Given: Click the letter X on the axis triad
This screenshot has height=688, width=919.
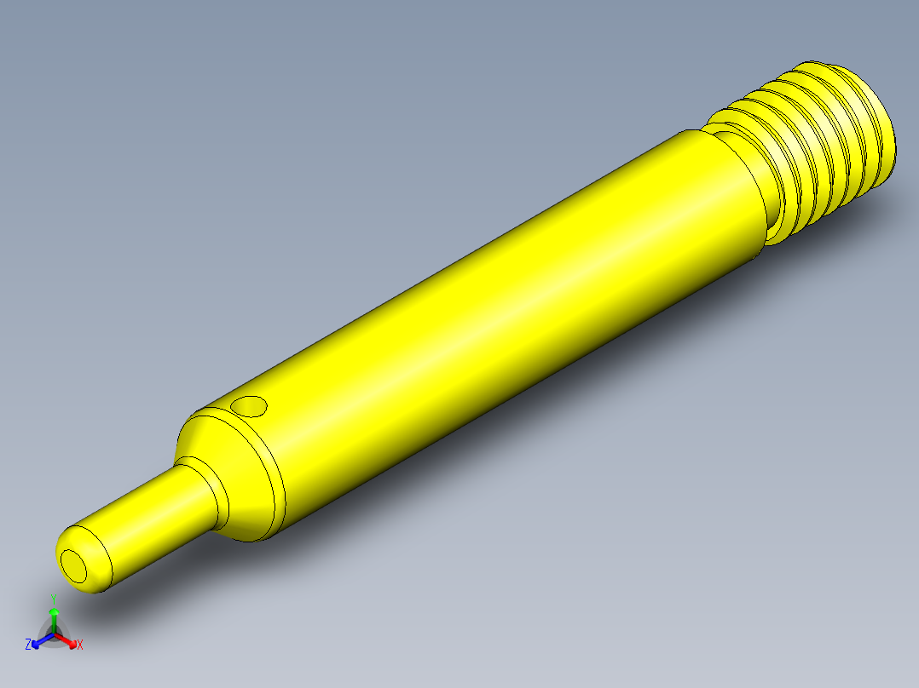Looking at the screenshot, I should pyautogui.click(x=80, y=645).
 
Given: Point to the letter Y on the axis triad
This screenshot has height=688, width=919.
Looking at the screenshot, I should pyautogui.click(x=54, y=598).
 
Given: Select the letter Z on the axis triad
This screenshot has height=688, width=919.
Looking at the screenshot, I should pyautogui.click(x=28, y=645).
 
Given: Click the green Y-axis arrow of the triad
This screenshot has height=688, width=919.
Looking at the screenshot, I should pyautogui.click(x=55, y=615).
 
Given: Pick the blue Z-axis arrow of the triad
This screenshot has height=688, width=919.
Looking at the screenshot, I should pyautogui.click(x=39, y=641).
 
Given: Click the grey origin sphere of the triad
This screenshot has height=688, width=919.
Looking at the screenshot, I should pyautogui.click(x=55, y=634).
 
